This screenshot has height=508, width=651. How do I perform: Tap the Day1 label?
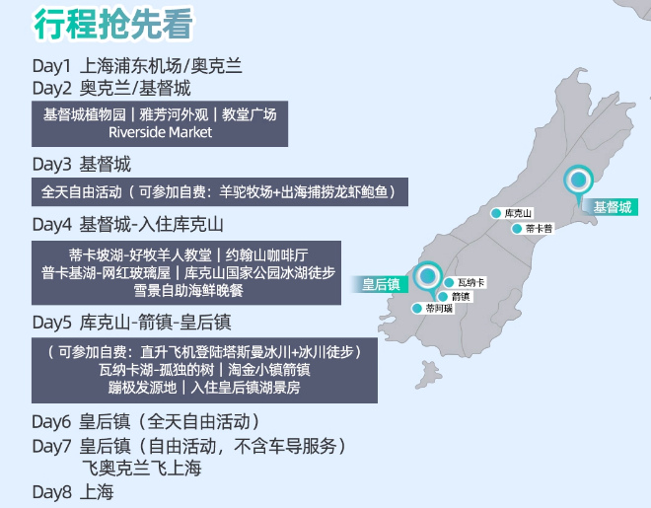point(52,67)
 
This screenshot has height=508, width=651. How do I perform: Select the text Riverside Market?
point(160,132)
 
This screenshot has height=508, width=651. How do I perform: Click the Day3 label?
point(52,164)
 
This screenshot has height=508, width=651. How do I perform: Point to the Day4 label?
point(52,224)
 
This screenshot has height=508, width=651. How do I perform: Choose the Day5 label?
point(52,322)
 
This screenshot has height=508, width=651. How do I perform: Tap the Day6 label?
point(52,420)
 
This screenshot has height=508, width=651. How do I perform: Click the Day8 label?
point(52,491)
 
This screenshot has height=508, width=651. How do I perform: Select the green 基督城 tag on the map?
point(612,207)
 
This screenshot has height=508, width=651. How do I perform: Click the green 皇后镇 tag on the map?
point(381,284)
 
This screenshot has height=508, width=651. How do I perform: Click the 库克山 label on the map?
point(518,213)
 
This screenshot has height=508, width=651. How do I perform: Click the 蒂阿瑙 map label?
point(439,309)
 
